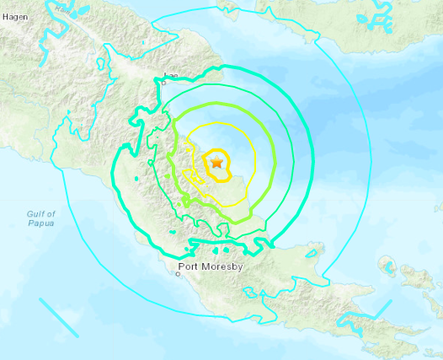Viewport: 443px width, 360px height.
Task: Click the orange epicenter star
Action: coord(216,162)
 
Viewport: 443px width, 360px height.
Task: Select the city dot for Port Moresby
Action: coord(179,273)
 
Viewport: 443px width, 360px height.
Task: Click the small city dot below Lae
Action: coord(165,83)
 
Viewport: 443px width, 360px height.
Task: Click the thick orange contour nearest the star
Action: coord(205,168)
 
